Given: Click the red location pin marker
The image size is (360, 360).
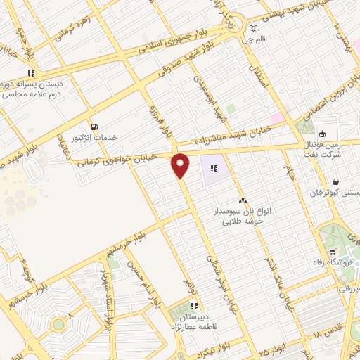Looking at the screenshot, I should point(181,165).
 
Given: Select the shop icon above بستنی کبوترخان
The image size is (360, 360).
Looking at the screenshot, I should point(335,181).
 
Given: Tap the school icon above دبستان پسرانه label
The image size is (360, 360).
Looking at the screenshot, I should point(31,72).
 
